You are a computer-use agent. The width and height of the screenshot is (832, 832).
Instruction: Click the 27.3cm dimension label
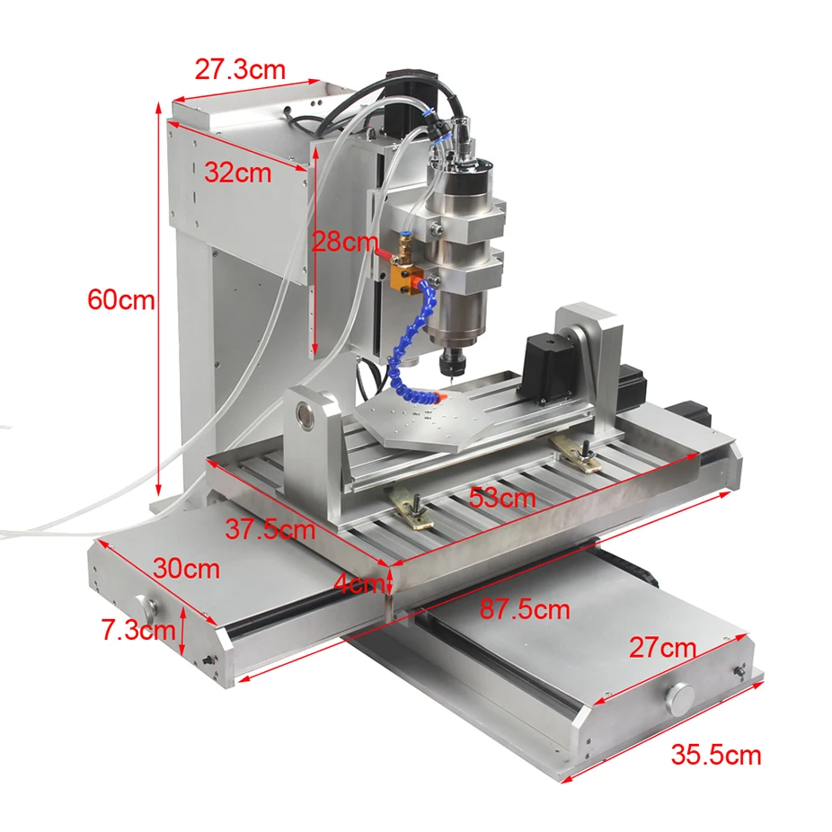click(x=240, y=69)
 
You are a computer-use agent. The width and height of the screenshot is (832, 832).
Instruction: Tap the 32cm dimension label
click(x=237, y=173)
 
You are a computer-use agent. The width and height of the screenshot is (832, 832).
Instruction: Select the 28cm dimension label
click(x=345, y=241)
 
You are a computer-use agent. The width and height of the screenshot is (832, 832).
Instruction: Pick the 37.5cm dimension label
click(x=270, y=529)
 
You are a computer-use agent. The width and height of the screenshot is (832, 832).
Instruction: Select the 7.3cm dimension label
click(x=137, y=630)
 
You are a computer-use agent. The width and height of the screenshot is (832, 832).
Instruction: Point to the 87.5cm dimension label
click(x=525, y=610)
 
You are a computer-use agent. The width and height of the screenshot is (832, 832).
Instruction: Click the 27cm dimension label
click(x=662, y=647)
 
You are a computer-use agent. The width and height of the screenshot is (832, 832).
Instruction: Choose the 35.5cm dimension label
click(x=716, y=754)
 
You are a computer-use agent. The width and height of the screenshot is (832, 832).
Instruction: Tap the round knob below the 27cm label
click(x=679, y=697)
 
